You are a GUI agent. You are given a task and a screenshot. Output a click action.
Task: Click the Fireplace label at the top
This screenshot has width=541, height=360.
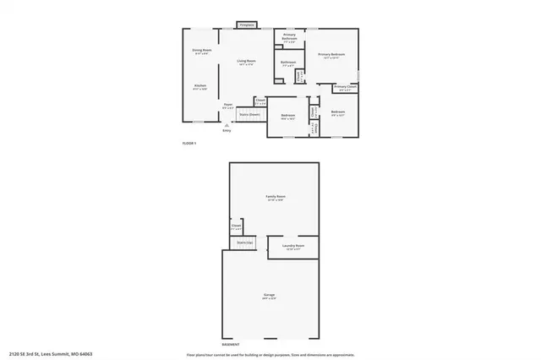(x=247, y=25)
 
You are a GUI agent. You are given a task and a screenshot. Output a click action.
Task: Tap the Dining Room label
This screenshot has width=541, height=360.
(x=201, y=52)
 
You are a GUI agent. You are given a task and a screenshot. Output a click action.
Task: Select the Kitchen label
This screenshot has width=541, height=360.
(x=200, y=86)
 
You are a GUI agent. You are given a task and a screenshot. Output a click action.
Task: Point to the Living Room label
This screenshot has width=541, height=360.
(x=247, y=62)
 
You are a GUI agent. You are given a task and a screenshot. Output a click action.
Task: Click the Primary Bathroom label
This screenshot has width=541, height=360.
(x=289, y=37)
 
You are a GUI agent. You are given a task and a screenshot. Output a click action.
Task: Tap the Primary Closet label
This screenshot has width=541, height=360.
(x=345, y=87)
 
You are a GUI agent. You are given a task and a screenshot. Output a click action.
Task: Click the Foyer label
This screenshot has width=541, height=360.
(x=227, y=106)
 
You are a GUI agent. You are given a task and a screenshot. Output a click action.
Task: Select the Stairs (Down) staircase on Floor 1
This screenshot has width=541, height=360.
(x=249, y=114)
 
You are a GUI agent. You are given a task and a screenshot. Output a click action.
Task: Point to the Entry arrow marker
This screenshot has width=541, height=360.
(x=226, y=123)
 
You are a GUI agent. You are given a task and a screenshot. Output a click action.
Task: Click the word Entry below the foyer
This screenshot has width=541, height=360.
(x=227, y=130)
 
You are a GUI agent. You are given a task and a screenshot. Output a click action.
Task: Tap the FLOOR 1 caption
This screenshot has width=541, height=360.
(x=189, y=144)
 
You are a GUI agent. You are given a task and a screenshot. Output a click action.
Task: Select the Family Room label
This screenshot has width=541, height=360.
(x=276, y=199)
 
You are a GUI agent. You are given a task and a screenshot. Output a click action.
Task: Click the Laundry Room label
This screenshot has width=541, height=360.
(x=294, y=246)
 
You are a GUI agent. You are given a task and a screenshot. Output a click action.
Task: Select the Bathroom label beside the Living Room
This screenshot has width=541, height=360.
(x=287, y=63)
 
